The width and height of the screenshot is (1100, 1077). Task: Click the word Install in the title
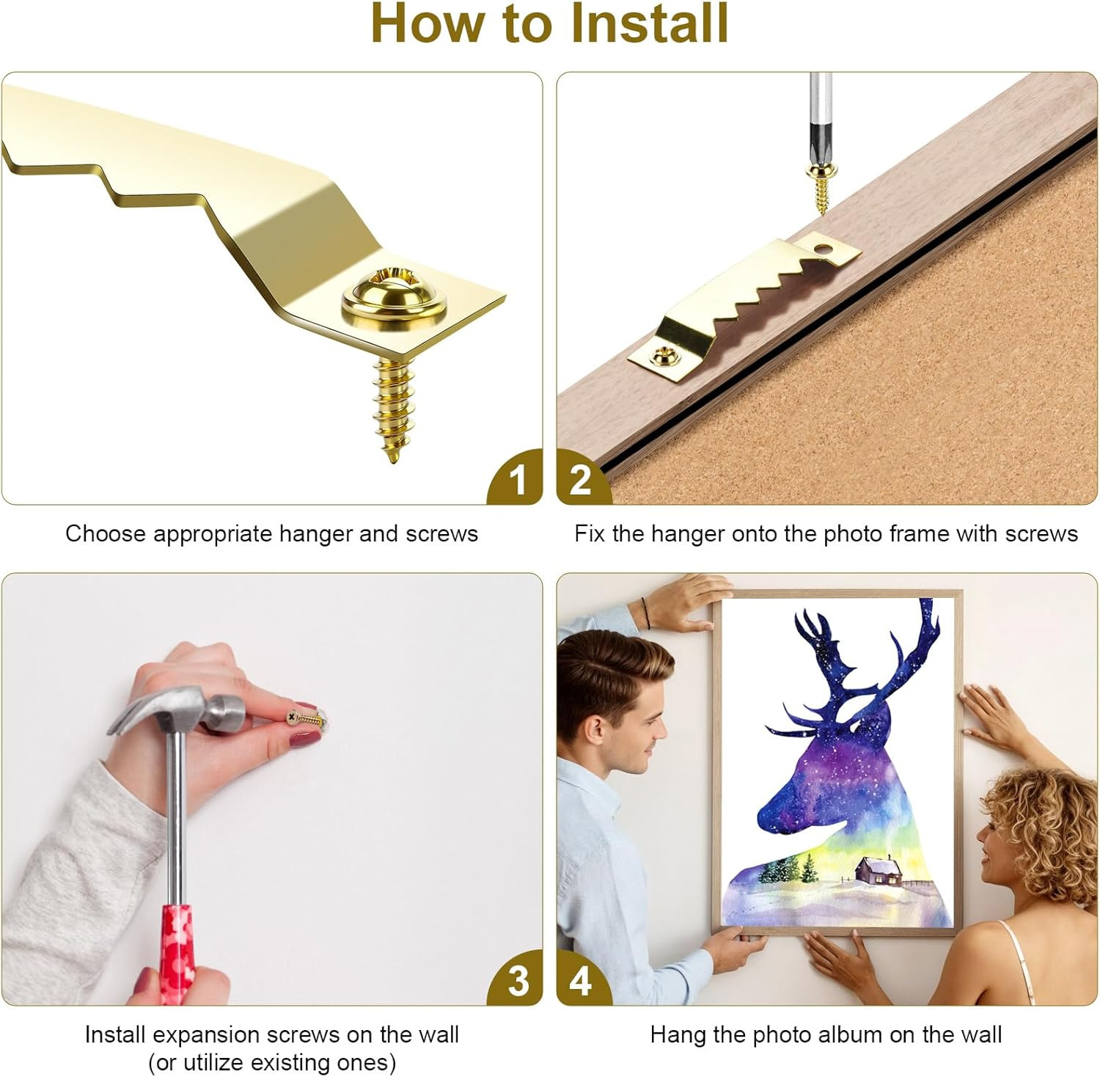tap(650, 23)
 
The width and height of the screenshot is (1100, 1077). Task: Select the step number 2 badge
tap(580, 481)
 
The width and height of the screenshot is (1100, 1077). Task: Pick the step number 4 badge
tap(580, 981)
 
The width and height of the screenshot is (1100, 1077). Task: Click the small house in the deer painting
tap(878, 872)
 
